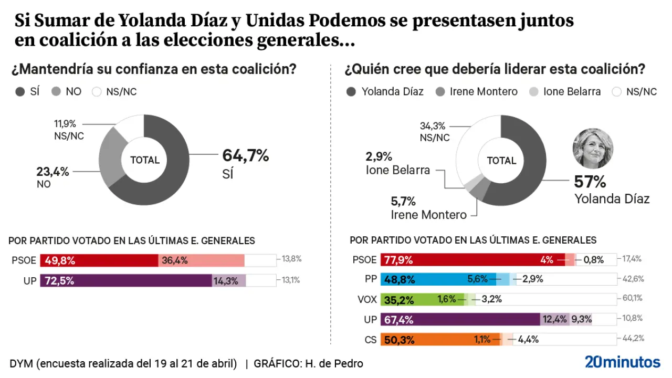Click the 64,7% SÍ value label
coord(245,156)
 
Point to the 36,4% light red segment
coord(202,260)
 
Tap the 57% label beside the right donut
coord(590,182)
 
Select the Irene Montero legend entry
coord(477,92)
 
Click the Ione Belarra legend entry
coord(566,92)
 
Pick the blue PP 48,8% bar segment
coord(424,279)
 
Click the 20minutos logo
coord(622,362)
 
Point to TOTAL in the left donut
coord(144,160)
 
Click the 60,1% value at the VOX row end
coord(633,299)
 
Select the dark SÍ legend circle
coord(20,92)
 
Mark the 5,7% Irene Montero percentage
coord(403,201)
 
